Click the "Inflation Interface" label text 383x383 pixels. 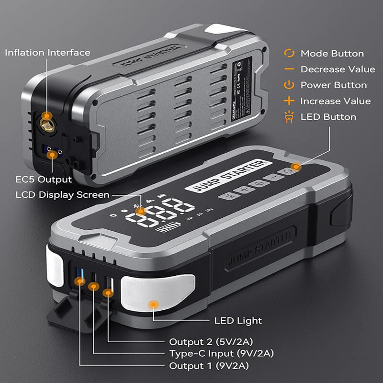[x=47, y=52]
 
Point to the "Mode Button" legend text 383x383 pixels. [x=332, y=54]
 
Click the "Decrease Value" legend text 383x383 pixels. [x=338, y=69]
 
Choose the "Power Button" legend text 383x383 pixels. [x=334, y=85]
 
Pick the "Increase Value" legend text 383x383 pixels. [x=335, y=101]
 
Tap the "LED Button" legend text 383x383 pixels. [x=328, y=117]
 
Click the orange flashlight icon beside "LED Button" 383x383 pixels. [x=289, y=117]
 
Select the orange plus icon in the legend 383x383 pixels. [x=289, y=101]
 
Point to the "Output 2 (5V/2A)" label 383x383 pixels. [x=211, y=342]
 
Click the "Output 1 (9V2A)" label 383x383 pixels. [x=210, y=366]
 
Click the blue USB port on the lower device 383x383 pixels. [x=80, y=276]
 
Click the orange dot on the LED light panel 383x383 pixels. [x=153, y=304]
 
